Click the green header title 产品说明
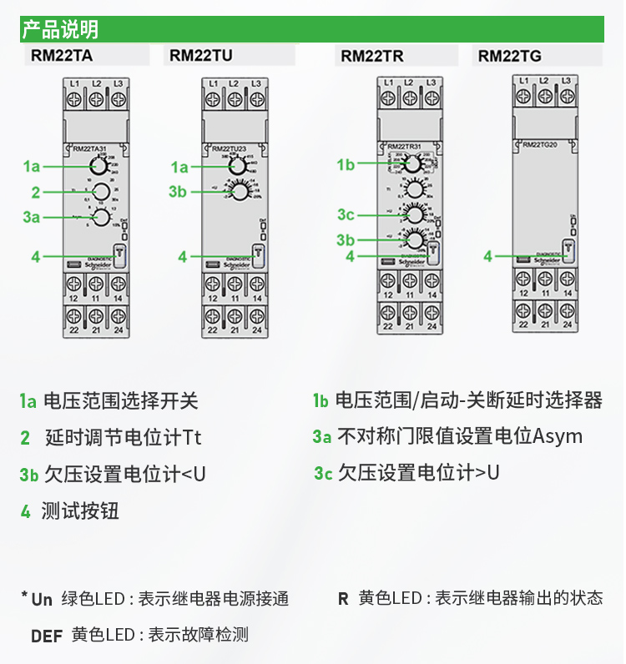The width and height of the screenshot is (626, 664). tap(60, 30)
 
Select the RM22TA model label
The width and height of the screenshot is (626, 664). tap(62, 57)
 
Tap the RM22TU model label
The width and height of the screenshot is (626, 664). tap(201, 57)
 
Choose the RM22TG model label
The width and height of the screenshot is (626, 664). tap(509, 57)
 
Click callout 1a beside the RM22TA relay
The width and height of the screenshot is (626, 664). tap(31, 167)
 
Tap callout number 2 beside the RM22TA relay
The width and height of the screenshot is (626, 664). tap(35, 193)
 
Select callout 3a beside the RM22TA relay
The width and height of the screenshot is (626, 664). tap(31, 218)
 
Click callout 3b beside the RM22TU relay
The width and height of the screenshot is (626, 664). tap(178, 192)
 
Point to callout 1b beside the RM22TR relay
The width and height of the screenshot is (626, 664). tap(346, 165)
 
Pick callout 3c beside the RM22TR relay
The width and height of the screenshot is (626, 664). tap(346, 215)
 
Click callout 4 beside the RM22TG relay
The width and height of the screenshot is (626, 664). tap(488, 257)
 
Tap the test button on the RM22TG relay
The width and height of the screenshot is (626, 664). tap(568, 249)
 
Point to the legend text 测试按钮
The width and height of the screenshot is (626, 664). tap(80, 511)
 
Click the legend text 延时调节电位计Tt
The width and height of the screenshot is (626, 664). tap(124, 437)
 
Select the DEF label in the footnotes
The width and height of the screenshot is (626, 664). tap(47, 636)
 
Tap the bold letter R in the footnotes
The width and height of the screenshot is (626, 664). tap(343, 598)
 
